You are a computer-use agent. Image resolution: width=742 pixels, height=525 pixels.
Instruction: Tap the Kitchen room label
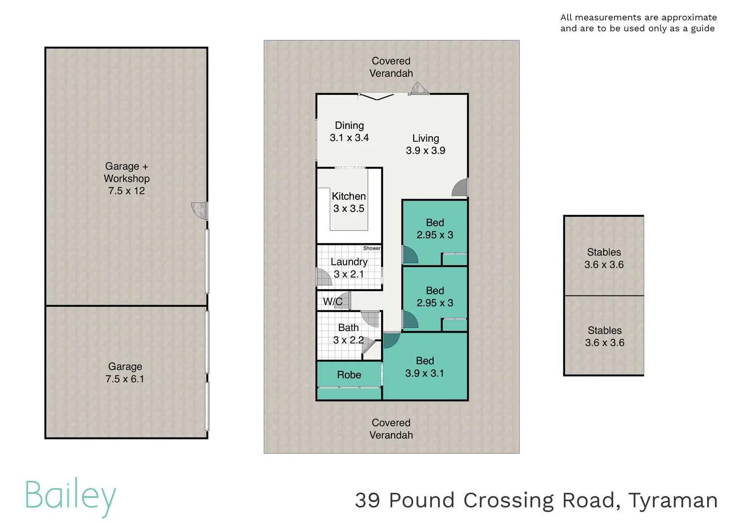349,196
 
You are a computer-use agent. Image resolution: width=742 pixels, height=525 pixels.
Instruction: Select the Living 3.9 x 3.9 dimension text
425,151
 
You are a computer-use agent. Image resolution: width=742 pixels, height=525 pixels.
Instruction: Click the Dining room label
349,125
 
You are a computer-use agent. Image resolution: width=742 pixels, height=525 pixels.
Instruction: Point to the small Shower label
371,248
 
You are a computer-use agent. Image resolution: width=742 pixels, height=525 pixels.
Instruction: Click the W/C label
333,301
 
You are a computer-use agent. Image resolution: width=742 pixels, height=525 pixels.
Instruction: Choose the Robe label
349,375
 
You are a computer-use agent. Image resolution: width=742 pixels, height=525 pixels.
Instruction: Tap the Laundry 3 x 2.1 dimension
349,274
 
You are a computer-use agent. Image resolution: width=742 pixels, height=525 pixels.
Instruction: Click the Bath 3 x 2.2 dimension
348,340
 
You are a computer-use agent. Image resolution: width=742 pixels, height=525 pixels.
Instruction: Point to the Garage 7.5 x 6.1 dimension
125,379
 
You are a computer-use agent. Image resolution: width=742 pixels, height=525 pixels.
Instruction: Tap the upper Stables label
604,252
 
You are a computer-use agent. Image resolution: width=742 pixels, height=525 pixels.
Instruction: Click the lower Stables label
604,331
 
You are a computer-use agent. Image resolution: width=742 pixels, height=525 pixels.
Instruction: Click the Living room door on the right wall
460,188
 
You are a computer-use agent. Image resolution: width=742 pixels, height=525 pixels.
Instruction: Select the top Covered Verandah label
391,67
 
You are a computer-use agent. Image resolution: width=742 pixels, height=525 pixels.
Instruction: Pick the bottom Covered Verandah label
391,429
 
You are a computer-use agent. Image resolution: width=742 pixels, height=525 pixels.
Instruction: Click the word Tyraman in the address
673,501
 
